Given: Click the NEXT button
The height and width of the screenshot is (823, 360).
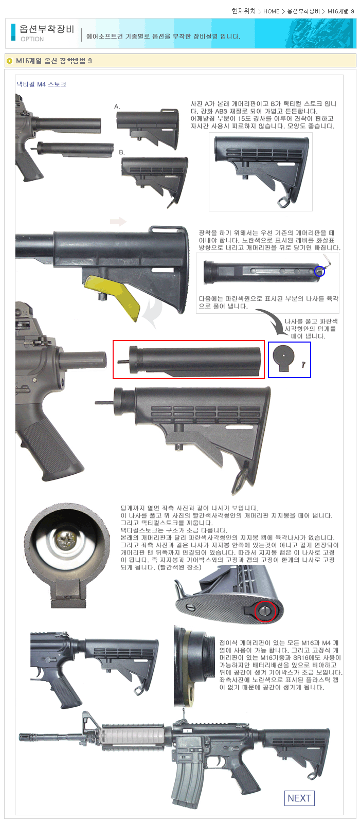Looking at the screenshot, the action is (x=299, y=798).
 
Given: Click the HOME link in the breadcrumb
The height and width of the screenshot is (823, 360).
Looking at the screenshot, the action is (x=271, y=11).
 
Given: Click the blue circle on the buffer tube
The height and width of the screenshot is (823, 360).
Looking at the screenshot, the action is (x=319, y=271).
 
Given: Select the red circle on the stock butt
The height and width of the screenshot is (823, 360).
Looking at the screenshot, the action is (x=265, y=611).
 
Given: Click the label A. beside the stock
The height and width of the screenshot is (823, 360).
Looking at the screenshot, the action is (x=117, y=106).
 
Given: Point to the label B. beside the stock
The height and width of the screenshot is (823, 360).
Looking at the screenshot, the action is (x=121, y=152).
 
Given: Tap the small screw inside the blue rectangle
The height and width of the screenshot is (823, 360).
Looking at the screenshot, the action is (x=304, y=364).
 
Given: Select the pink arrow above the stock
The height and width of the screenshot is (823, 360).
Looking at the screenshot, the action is (x=118, y=222).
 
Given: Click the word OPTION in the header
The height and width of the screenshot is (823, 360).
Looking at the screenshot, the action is (x=32, y=39).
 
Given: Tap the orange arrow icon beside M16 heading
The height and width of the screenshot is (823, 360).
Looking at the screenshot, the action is (x=10, y=61).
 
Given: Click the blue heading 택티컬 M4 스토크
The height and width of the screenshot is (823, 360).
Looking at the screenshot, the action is (x=42, y=84).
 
